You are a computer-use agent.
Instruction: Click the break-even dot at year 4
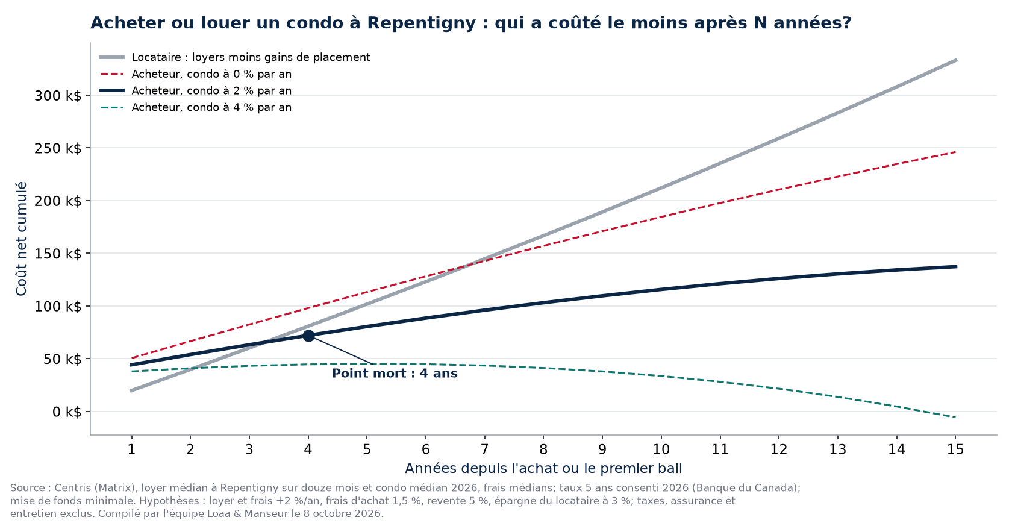pyautogui.click(x=308, y=336)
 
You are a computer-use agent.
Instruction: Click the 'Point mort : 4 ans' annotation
pyautogui.click(x=395, y=374)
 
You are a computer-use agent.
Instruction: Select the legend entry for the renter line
pyautogui.click(x=235, y=57)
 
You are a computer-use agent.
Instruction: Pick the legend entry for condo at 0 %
pyautogui.click(x=196, y=74)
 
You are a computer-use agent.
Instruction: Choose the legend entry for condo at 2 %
pyautogui.click(x=196, y=91)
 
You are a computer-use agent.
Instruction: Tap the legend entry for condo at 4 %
pyautogui.click(x=196, y=108)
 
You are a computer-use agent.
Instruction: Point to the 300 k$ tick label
pyautogui.click(x=58, y=96)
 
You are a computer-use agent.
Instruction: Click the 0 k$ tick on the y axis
pyautogui.click(x=67, y=412)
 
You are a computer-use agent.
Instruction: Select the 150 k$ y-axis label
pyautogui.click(x=58, y=254)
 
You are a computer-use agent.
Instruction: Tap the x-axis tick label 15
pyautogui.click(x=955, y=449)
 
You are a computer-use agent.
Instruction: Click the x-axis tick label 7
pyautogui.click(x=484, y=449)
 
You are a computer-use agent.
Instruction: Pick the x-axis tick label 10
pyautogui.click(x=661, y=449)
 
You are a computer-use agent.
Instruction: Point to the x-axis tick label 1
pyautogui.click(x=131, y=449)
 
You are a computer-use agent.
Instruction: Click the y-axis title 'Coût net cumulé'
pyautogui.click(x=21, y=239)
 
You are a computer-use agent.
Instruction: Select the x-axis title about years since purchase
pyautogui.click(x=543, y=468)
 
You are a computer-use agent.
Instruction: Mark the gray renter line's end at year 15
pyautogui.click(x=956, y=60)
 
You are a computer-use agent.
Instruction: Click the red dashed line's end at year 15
pyautogui.click(x=955, y=152)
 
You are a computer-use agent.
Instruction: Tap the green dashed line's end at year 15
pyautogui.click(x=955, y=418)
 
